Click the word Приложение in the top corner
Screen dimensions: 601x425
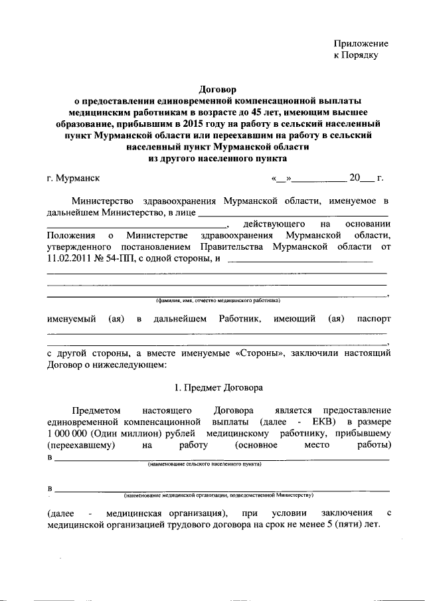tap(361, 43)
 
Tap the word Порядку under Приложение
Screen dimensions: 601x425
tap(365, 56)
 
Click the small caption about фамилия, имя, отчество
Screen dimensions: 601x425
tap(218, 300)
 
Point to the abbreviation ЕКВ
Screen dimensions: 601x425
tap(322, 422)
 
